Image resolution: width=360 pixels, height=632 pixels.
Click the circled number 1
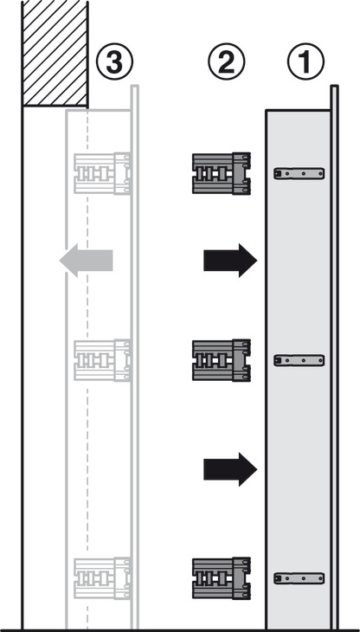[305, 61]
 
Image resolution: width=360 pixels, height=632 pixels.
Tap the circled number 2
[226, 61]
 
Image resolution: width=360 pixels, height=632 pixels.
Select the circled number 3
[115, 61]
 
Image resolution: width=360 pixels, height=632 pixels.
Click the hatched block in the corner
[55, 53]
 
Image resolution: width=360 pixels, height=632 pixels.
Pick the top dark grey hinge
[221, 173]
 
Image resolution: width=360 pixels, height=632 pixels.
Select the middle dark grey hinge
[221, 360]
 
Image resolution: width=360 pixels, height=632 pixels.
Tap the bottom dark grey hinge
[221, 578]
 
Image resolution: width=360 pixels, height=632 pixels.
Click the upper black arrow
[230, 261]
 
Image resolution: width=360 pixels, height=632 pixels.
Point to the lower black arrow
[230, 469]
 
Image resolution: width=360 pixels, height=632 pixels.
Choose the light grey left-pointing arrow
[86, 261]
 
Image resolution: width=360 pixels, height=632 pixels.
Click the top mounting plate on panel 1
[299, 174]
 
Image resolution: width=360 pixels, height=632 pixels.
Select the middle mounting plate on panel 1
[299, 360]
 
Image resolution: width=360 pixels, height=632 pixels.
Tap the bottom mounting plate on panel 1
[299, 578]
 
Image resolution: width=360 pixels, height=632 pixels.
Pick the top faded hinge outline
[102, 173]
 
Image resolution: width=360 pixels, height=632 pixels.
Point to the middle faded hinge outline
[102, 360]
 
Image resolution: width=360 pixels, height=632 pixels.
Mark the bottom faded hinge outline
[102, 578]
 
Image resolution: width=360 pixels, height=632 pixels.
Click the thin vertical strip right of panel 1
[334, 357]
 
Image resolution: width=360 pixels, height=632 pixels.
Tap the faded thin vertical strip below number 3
[135, 357]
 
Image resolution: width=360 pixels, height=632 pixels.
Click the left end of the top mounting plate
[274, 174]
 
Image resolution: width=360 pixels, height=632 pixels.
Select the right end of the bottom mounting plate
[324, 578]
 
